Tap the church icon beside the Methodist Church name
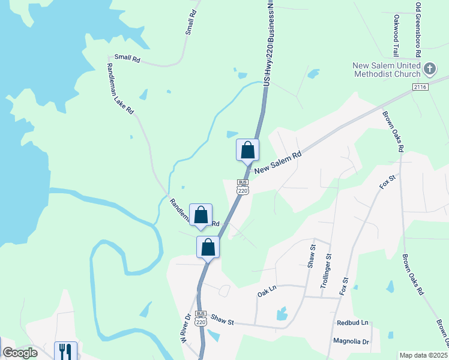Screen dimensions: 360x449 429,69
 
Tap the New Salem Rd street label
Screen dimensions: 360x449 277,163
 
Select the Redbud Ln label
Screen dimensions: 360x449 352,322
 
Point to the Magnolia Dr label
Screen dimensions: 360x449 352,341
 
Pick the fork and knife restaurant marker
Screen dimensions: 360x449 65,352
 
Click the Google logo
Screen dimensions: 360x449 20,353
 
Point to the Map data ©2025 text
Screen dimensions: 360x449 423,355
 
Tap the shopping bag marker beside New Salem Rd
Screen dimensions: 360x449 247,150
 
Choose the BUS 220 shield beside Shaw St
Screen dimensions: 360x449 200,318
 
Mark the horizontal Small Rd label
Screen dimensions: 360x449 127,59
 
